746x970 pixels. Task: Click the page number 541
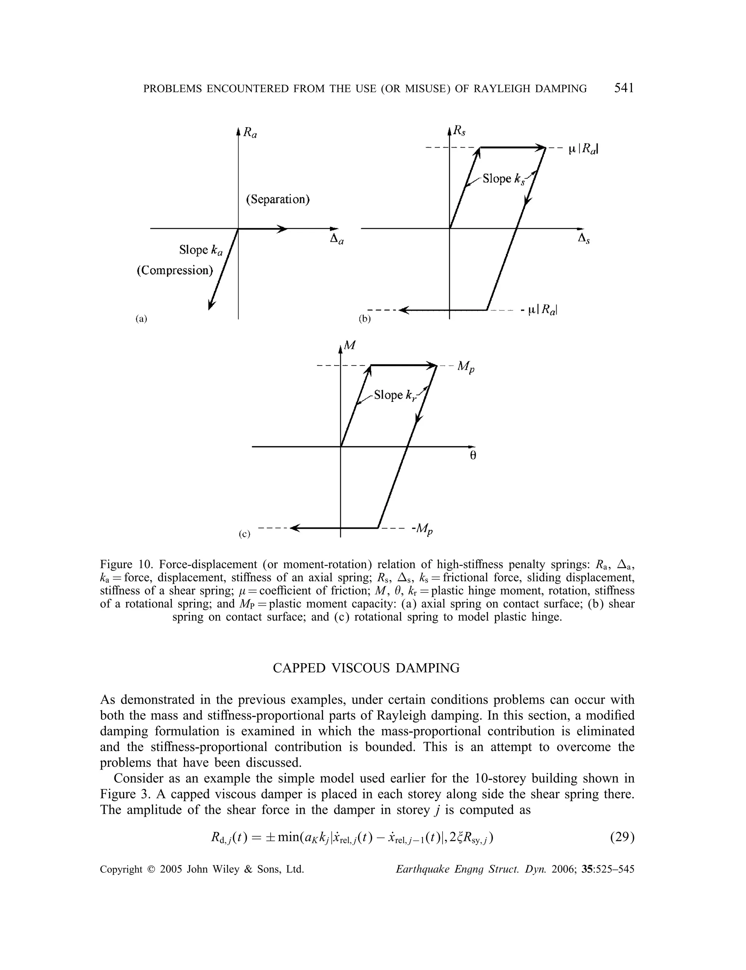pyautogui.click(x=624, y=89)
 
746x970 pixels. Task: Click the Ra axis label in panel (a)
pyautogui.click(x=250, y=132)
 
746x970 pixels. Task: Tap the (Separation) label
pyautogui.click(x=278, y=199)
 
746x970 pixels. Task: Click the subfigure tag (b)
pyautogui.click(x=365, y=318)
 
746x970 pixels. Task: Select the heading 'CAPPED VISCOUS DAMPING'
pyautogui.click(x=366, y=668)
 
